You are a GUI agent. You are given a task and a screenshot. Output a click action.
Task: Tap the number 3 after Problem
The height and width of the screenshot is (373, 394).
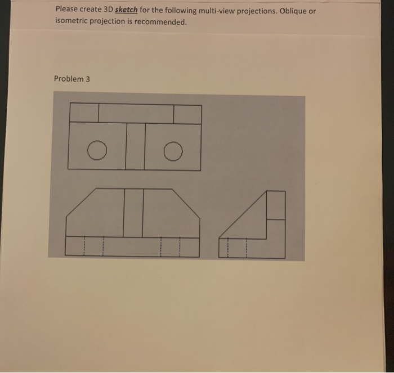tap(87, 78)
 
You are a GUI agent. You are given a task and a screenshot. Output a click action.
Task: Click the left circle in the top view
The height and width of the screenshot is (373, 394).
tap(97, 150)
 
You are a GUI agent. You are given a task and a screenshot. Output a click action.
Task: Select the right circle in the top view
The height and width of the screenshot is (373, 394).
tap(174, 150)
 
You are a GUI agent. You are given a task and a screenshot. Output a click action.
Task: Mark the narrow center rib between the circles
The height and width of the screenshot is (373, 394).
tap(136, 146)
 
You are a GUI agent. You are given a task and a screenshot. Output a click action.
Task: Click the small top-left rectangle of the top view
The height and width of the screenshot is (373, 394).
tap(84, 114)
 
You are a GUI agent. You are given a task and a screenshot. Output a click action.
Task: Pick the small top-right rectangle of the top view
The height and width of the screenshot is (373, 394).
tap(187, 114)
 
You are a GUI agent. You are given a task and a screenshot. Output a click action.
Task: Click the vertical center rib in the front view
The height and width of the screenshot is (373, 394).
tap(133, 213)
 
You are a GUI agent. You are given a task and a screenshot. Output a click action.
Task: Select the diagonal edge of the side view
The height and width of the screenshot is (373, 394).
tap(242, 215)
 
